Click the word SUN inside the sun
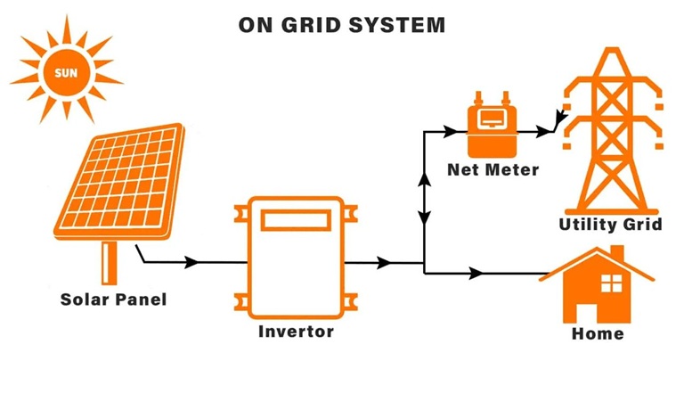point(65,70)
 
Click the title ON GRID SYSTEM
point(342,24)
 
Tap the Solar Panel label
point(113,299)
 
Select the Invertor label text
point(296,332)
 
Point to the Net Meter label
point(493,169)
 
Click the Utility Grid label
point(610,224)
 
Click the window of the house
point(611,284)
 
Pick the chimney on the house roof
point(616,254)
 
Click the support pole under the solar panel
point(109,261)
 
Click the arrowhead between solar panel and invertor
point(191,263)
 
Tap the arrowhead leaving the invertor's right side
point(384,263)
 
